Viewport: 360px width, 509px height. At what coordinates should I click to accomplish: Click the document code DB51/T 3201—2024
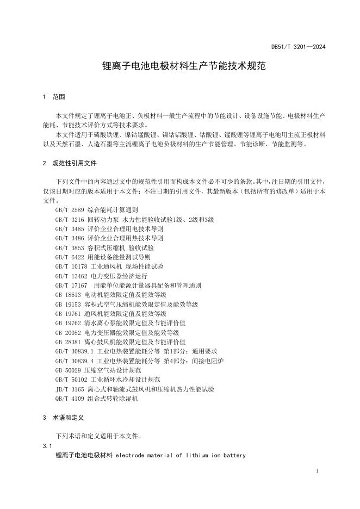(299, 47)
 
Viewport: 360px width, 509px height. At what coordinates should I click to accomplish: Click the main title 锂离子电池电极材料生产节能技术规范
(179, 67)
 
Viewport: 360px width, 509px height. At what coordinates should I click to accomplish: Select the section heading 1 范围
(54, 97)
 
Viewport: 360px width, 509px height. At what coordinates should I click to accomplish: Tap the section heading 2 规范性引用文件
(71, 163)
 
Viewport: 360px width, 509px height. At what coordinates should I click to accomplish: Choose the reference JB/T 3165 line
(134, 389)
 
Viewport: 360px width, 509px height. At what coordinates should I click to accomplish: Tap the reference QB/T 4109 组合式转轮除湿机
(97, 399)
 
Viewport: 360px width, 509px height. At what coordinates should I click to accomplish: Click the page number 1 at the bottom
(317, 470)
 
